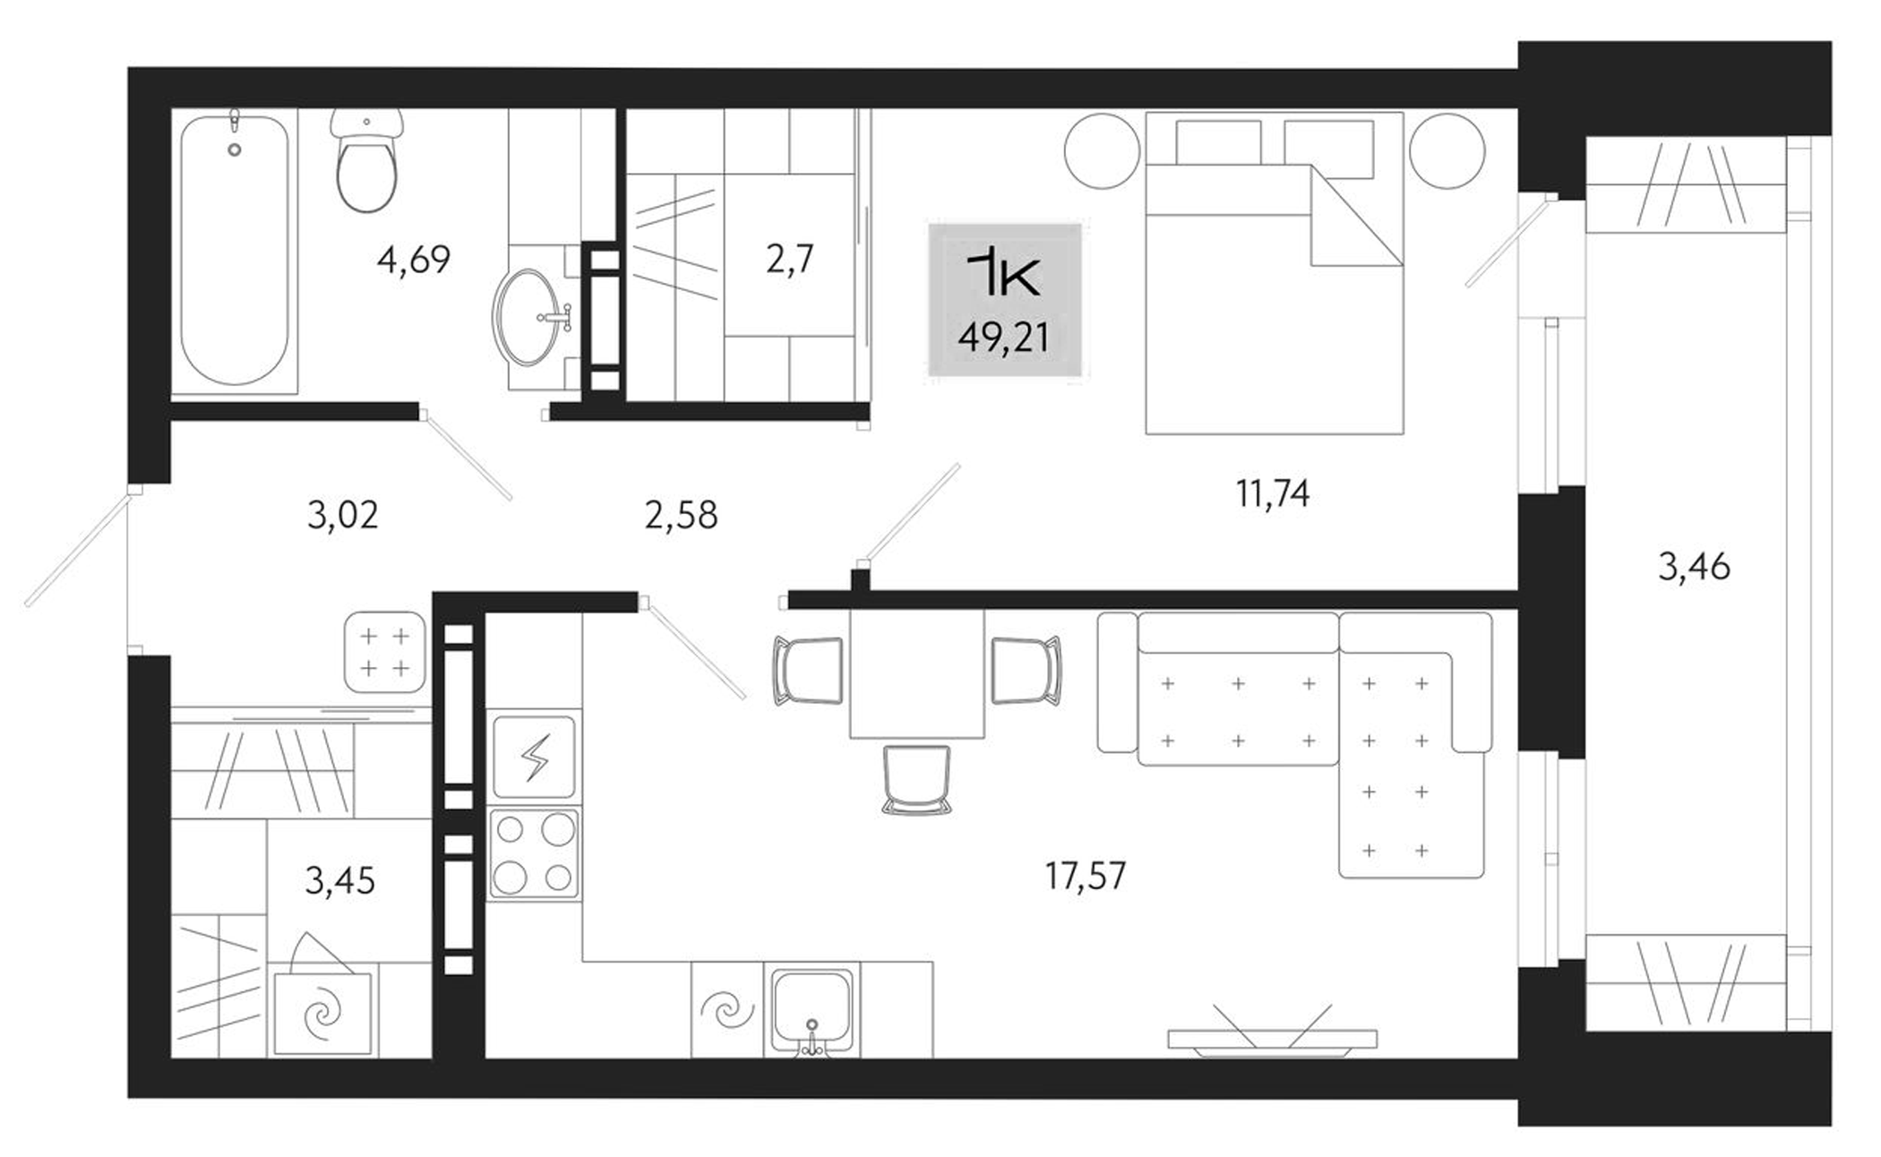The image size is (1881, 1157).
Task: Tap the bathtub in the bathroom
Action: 235,252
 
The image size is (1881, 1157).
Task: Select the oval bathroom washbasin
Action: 526,316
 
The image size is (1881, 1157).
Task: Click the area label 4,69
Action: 413,261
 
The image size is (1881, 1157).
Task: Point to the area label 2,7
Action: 789,260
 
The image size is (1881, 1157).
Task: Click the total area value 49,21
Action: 1003,338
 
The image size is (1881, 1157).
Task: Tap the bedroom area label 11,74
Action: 1273,493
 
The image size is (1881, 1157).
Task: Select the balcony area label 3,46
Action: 1694,567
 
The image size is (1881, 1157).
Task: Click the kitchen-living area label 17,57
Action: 1086,875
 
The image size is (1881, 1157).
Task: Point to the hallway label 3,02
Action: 343,516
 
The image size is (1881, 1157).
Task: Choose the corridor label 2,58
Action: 681,516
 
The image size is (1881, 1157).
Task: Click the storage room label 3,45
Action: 339,881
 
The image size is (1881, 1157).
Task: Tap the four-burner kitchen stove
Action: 534,853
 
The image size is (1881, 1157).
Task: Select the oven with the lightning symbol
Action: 535,757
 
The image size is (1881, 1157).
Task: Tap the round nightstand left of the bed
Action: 1102,150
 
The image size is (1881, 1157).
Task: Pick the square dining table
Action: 916,673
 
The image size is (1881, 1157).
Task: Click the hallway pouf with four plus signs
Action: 385,652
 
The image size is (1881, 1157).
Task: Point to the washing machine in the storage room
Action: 322,1013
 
